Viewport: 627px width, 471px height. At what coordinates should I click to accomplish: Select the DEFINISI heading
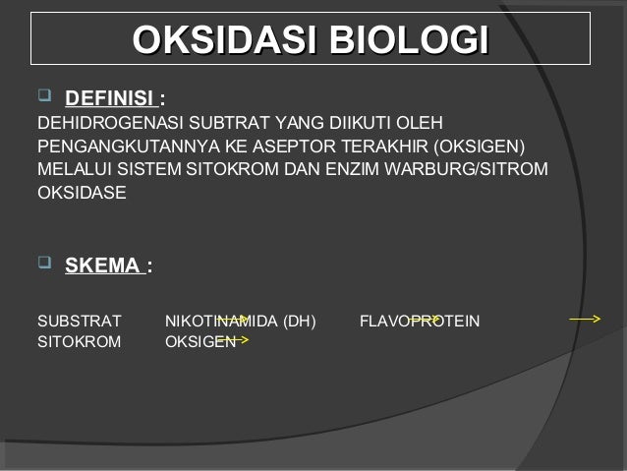110,99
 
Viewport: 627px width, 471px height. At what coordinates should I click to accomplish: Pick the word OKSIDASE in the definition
82,193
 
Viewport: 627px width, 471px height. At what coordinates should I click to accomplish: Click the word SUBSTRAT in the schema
80,321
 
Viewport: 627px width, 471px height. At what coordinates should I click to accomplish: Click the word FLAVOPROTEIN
420,321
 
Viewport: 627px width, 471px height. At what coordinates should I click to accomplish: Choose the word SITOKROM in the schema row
80,342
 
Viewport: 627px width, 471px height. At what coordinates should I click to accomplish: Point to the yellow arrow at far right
586,320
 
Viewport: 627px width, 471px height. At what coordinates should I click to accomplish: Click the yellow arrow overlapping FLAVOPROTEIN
425,320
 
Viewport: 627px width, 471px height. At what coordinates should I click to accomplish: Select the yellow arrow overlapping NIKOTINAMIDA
233,320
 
